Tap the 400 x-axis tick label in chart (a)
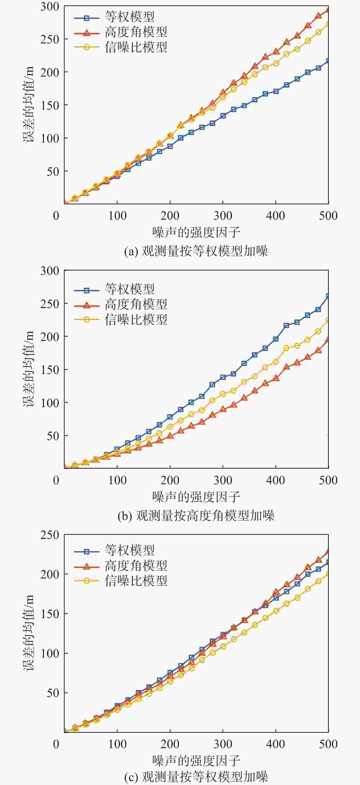click(275, 216)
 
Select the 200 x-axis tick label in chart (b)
click(170, 480)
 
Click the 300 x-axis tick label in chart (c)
click(223, 744)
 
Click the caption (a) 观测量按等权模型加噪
click(196, 251)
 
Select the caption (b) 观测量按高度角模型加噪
click(196, 516)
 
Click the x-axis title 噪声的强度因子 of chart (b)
click(196, 497)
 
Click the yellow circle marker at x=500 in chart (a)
click(328, 24)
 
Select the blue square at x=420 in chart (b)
click(286, 325)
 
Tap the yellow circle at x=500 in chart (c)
click(328, 574)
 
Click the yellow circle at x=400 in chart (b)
click(276, 362)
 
